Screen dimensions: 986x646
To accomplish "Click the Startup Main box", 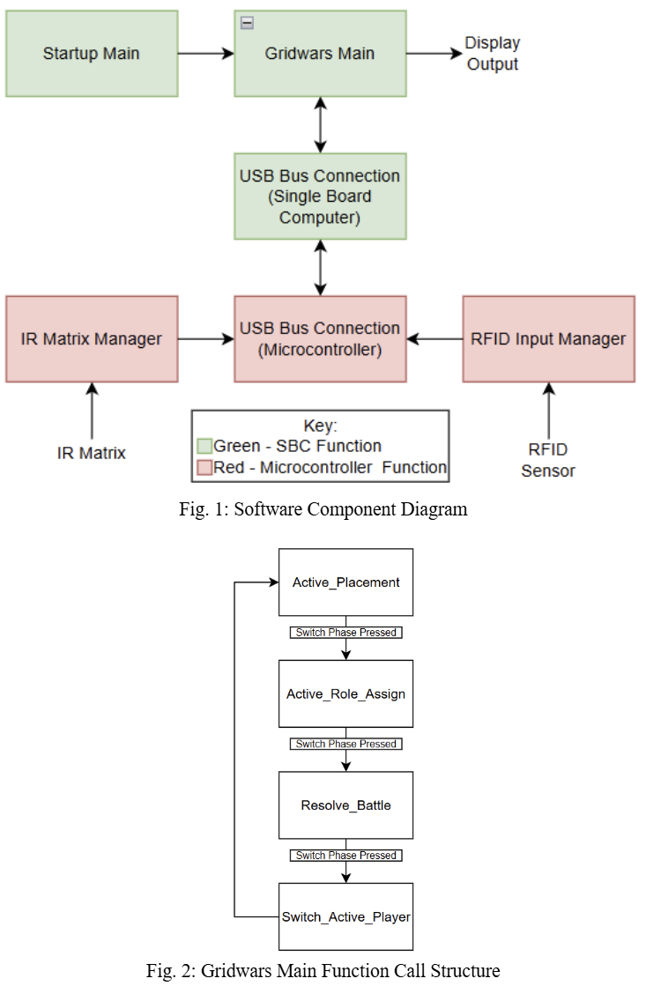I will pyautogui.click(x=92, y=54).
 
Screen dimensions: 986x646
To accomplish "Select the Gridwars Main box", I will pyautogui.click(x=320, y=54).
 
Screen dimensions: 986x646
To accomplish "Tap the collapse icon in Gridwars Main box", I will pyautogui.click(x=247, y=23).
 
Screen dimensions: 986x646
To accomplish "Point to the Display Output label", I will pyautogui.click(x=493, y=54).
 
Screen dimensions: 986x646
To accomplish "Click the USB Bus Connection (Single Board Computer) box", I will pyautogui.click(x=320, y=196).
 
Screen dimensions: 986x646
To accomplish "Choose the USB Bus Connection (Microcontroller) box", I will pyautogui.click(x=320, y=339).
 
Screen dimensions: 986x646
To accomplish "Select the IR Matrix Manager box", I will pyautogui.click(x=92, y=339).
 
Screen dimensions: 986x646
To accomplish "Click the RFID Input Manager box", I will pyautogui.click(x=548, y=339).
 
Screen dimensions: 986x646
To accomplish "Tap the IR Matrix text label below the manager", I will pyautogui.click(x=92, y=453).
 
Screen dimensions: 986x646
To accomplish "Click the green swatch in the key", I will pyautogui.click(x=204, y=446).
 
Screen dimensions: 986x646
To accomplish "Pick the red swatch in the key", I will pyautogui.click(x=204, y=467).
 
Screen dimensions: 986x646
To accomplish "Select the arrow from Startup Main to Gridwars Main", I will pyautogui.click(x=205, y=54).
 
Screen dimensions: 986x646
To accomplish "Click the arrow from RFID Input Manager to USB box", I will pyautogui.click(x=434, y=339).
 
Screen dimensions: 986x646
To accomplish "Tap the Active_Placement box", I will pyautogui.click(x=345, y=582).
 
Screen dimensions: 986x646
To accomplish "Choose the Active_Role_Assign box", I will pyautogui.click(x=345, y=693).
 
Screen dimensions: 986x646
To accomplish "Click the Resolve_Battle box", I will pyautogui.click(x=345, y=805).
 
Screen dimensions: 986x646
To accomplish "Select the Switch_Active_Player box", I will pyautogui.click(x=345, y=916).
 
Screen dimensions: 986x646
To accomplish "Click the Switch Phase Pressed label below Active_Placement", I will pyautogui.click(x=345, y=633).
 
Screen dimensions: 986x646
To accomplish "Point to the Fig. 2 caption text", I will pyautogui.click(x=323, y=970).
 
